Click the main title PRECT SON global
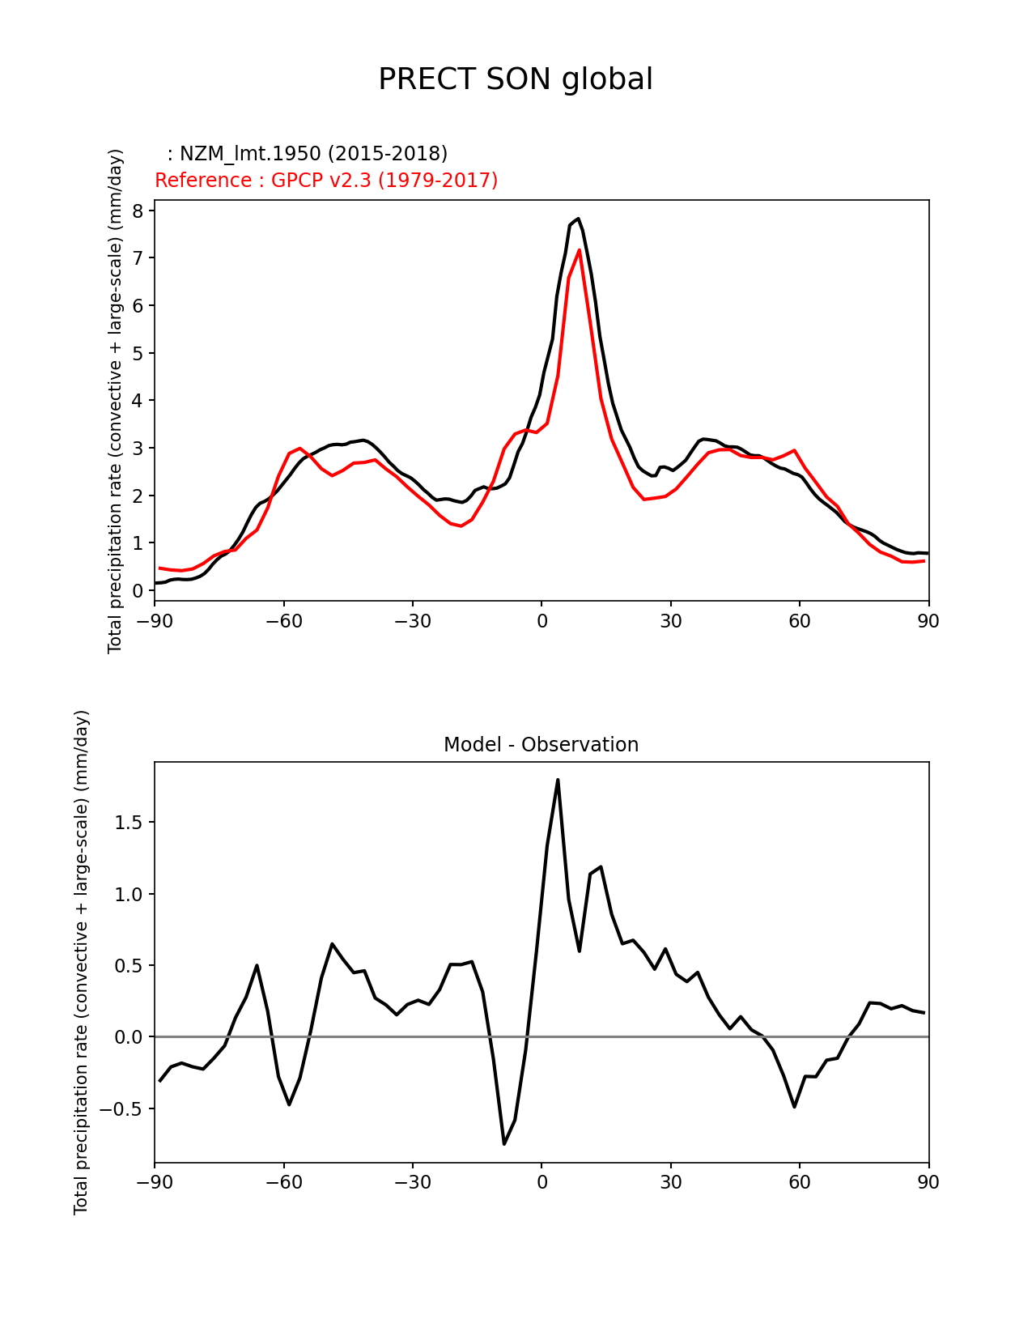pos(516,79)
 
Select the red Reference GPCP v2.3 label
pos(326,181)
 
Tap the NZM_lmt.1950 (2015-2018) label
pos(308,154)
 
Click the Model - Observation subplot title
pos(541,745)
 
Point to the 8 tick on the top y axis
pos(138,211)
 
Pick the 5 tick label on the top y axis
pos(138,353)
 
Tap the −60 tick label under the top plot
pos(283,621)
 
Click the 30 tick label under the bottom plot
pos(670,1182)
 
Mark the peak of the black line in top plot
pos(578,219)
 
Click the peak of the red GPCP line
pos(580,250)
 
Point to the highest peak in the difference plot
pos(558,780)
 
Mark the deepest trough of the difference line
pos(504,1143)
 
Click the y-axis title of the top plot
pos(116,401)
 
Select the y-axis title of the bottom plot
pos(82,962)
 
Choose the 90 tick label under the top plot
pos(928,621)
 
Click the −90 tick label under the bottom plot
pos(155,1182)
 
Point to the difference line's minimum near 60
pos(795,1106)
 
